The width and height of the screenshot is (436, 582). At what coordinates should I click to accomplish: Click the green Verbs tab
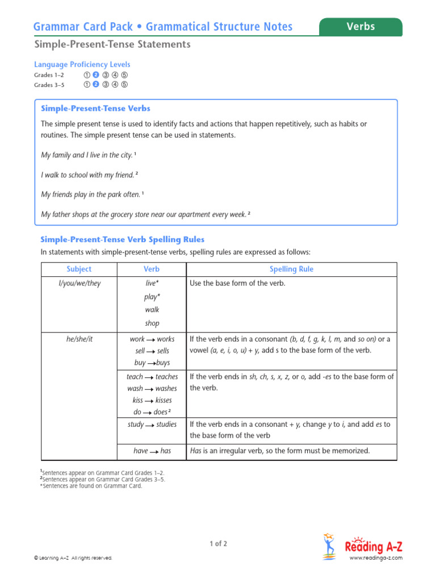coord(360,27)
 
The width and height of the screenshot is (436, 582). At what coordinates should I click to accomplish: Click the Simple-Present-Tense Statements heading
coord(112,44)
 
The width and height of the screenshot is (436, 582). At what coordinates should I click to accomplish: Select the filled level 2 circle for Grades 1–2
coord(96,75)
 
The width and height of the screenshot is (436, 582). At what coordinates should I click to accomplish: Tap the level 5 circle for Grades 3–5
coord(124,85)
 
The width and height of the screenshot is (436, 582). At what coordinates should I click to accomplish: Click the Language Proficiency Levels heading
coord(82,64)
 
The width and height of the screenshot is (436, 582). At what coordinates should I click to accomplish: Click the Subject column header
coord(78,269)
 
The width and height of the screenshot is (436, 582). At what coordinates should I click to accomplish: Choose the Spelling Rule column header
coord(292,269)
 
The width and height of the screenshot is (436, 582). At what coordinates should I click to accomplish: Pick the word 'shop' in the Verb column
coord(152,323)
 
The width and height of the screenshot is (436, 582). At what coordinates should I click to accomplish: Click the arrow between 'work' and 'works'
coord(151,339)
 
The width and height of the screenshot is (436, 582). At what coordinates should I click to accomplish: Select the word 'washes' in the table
coord(166,389)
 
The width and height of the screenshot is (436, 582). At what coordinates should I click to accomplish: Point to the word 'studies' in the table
coord(166,425)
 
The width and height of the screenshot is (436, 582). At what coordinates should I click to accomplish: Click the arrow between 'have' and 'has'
coord(154,451)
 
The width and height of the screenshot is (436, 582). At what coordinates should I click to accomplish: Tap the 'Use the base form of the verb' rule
coord(237,283)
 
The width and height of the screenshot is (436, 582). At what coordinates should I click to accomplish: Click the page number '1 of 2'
coord(218,544)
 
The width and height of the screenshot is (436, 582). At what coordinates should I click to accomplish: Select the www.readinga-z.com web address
coord(375,558)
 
